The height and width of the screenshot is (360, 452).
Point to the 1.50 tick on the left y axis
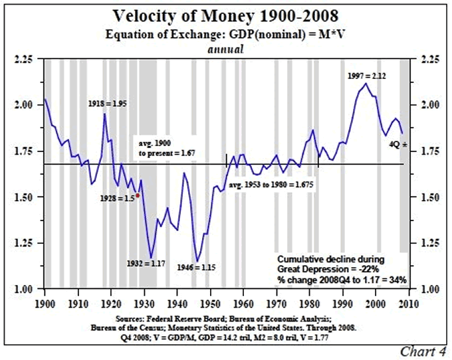(x=25, y=197)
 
